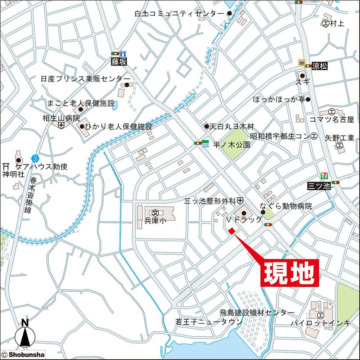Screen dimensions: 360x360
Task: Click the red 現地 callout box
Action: point(290,274)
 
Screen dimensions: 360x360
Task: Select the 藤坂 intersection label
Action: point(118,62)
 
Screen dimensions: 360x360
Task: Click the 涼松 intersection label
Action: point(320,66)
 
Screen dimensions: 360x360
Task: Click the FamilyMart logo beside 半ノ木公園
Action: point(205,143)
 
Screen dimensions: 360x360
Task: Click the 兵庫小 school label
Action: point(155,221)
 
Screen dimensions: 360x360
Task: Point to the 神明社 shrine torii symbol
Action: point(5,167)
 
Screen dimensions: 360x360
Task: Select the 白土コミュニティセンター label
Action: point(179,14)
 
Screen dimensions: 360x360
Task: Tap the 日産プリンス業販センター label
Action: point(85,78)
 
